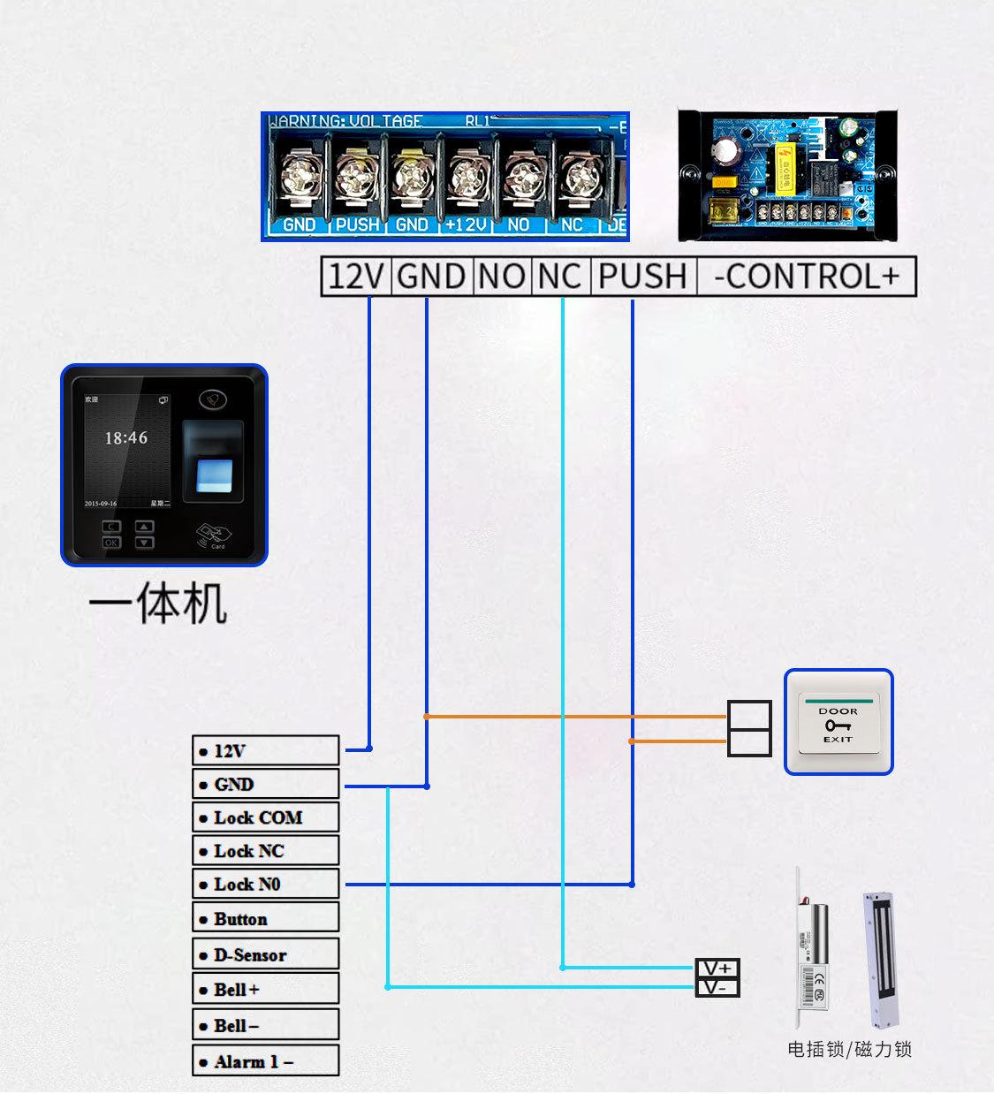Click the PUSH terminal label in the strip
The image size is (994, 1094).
coord(642,277)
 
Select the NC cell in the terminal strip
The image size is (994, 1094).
coord(559,277)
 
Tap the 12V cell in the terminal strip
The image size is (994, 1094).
coord(355,277)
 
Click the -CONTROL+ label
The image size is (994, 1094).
coord(806,277)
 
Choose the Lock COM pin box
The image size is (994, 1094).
coord(265,817)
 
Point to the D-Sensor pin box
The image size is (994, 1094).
coord(265,954)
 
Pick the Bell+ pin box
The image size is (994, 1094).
coord(265,989)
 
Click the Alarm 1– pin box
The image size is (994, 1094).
coord(265,1061)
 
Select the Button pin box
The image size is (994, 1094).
coord(265,918)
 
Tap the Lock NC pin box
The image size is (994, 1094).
coord(265,851)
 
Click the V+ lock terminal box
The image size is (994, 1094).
coord(717,969)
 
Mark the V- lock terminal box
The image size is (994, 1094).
coord(717,987)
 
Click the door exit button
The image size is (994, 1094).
coord(838,723)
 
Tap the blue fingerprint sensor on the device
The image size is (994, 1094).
coord(212,473)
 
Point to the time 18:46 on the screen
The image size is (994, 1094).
coord(126,437)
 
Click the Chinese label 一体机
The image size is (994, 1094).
coord(158,605)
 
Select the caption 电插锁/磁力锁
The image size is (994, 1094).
coord(849,1050)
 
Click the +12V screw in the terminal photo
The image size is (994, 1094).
coord(466,177)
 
